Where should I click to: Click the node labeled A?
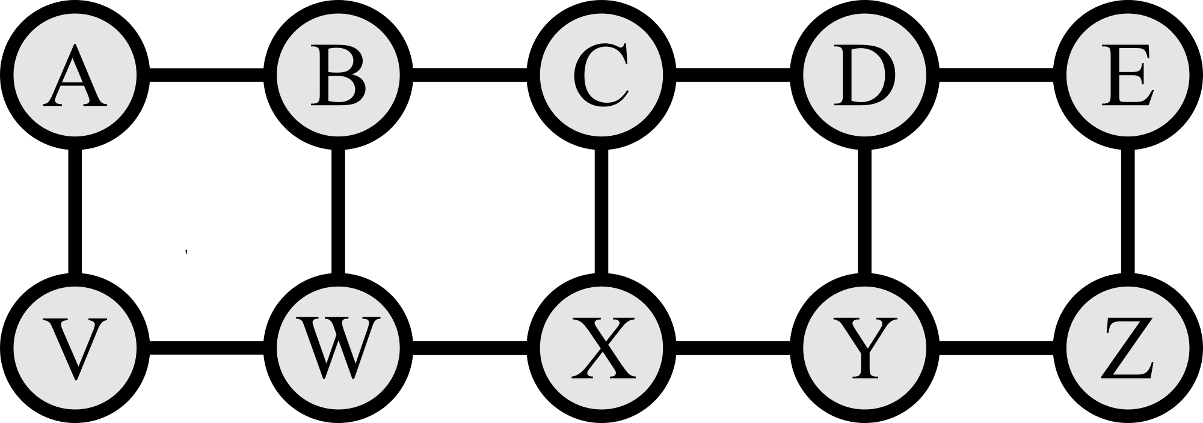[x=75, y=76]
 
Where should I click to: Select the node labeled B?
[x=339, y=76]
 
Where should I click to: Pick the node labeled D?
[x=864, y=76]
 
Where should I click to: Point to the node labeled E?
[x=1127, y=76]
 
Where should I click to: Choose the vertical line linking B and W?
[x=339, y=212]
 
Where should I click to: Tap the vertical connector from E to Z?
[x=1127, y=212]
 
